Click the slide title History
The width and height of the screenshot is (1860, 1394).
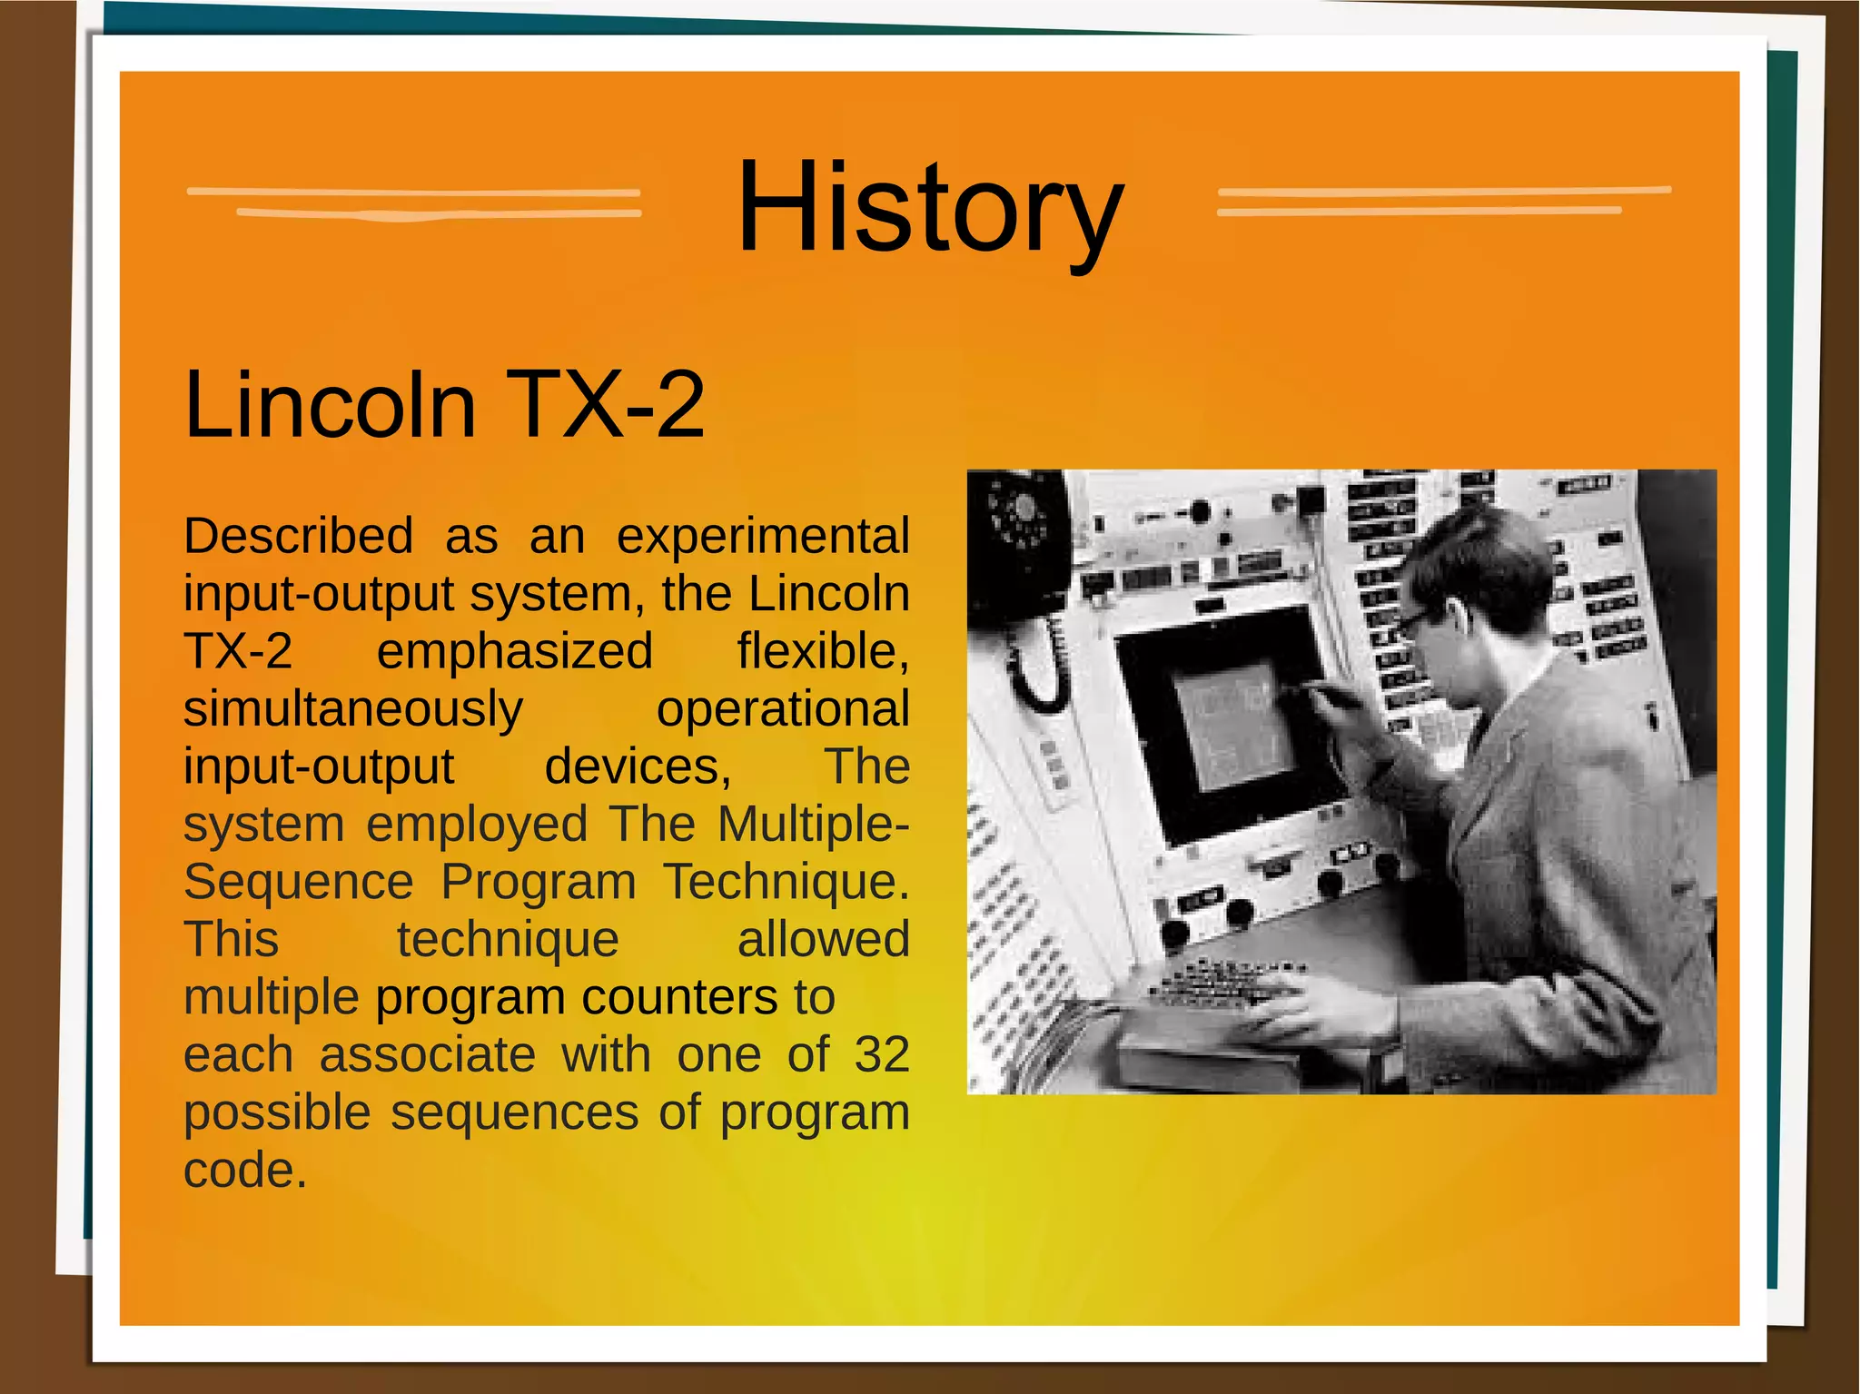(930, 209)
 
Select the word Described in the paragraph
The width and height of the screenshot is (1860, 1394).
(298, 536)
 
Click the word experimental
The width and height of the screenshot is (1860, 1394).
(763, 536)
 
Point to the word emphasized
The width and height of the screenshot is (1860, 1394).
(514, 651)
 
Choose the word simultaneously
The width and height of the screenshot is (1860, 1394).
(352, 709)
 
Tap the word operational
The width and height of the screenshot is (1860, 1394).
(782, 709)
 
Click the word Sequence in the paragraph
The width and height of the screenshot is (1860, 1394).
(298, 882)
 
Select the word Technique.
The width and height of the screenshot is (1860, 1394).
(785, 882)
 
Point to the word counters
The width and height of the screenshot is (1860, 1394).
(679, 997)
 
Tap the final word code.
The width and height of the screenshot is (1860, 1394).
(243, 1170)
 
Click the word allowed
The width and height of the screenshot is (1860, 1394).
(823, 939)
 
